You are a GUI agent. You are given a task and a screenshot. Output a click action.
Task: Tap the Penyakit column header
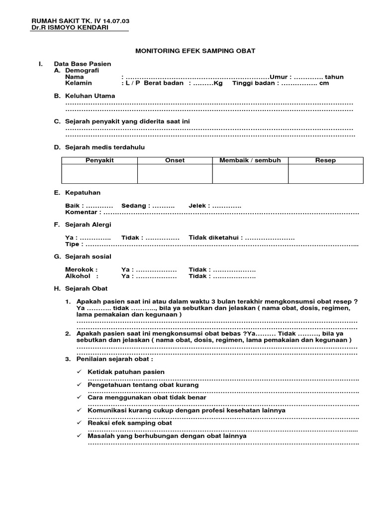tap(99, 160)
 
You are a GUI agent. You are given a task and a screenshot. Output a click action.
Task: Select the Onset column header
tap(175, 160)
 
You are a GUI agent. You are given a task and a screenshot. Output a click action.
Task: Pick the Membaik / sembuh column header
tap(250, 160)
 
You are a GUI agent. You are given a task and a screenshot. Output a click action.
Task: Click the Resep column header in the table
tap(325, 160)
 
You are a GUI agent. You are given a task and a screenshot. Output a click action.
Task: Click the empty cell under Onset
tap(175, 174)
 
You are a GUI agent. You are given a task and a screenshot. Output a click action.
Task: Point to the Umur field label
tap(280, 77)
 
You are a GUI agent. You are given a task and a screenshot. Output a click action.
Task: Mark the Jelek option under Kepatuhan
tap(199, 206)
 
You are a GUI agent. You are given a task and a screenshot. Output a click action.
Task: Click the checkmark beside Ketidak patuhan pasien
tap(79, 372)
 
